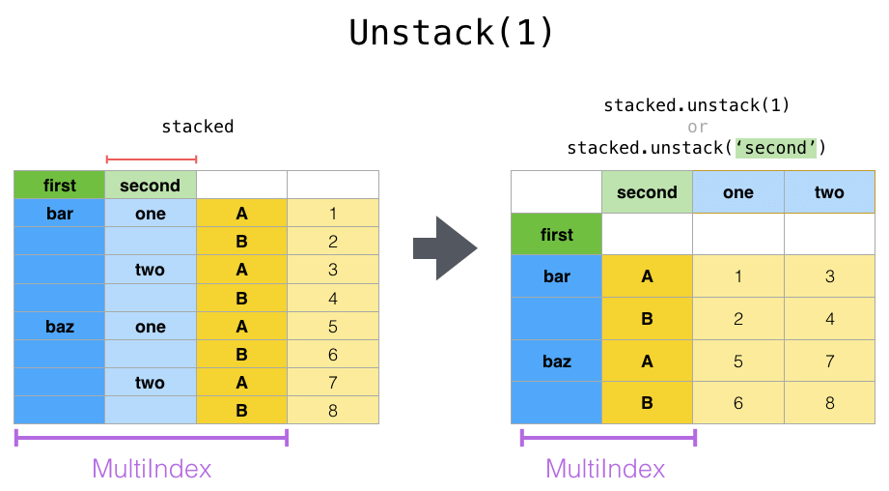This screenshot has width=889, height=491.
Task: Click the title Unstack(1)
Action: click(452, 32)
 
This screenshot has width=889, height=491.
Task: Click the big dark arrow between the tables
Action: click(445, 248)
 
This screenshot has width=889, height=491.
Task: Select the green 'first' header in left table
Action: click(60, 186)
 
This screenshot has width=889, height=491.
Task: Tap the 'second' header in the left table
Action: click(151, 186)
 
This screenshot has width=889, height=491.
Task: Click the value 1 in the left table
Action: click(333, 214)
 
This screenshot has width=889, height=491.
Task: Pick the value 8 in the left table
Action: click(333, 411)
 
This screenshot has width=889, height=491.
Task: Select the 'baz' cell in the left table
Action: click(60, 327)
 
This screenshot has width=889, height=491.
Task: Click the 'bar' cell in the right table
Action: click(557, 276)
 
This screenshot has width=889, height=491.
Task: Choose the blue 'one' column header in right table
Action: click(738, 192)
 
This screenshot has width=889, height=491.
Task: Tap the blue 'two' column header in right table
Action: click(829, 192)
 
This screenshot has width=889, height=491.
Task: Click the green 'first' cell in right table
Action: click(557, 235)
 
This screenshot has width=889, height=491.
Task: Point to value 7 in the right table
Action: click(829, 361)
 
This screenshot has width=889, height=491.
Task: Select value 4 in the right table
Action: click(829, 319)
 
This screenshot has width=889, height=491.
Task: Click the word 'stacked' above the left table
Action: click(197, 127)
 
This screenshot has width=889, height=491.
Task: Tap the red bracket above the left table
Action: click(152, 159)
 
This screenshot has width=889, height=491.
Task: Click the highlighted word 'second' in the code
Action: click(776, 148)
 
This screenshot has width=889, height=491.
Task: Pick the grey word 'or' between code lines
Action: click(697, 127)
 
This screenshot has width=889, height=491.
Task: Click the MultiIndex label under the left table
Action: click(152, 469)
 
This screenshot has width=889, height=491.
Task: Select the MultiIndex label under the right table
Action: click(605, 469)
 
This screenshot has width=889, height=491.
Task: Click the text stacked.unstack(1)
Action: click(697, 105)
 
